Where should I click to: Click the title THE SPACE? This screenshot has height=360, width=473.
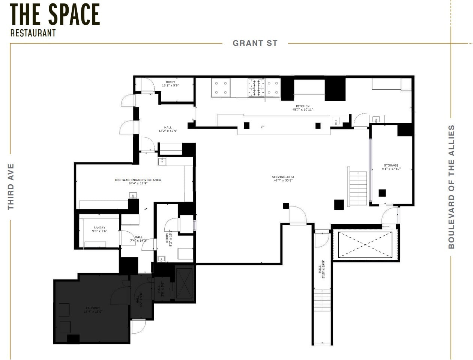coord(55,15)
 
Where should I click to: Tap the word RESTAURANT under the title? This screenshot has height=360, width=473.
coord(33,33)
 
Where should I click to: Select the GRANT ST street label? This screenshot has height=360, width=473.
coord(255,43)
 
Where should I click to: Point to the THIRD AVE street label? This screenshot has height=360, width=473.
coord(11,187)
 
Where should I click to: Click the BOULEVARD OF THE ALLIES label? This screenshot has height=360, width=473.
coord(451,187)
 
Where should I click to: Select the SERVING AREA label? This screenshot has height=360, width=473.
coord(283,179)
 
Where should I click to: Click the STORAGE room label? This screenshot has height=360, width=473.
coord(391,167)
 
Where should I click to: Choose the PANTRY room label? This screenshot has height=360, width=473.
coord(99,229)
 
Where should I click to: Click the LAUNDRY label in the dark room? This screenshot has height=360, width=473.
coord(92,310)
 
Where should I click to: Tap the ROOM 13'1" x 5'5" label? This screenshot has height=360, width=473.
coord(170,84)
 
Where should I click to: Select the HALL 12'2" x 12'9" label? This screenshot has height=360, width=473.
coord(168,130)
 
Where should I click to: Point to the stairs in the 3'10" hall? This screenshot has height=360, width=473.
coord(322,298)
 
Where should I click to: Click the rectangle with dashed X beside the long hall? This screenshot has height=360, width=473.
coord(365,245)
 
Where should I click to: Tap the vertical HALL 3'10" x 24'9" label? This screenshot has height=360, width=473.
coord(321,269)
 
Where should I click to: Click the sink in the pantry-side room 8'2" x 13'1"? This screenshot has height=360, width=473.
coord(162,259)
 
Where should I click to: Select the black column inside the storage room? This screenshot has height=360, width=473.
coord(382,193)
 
